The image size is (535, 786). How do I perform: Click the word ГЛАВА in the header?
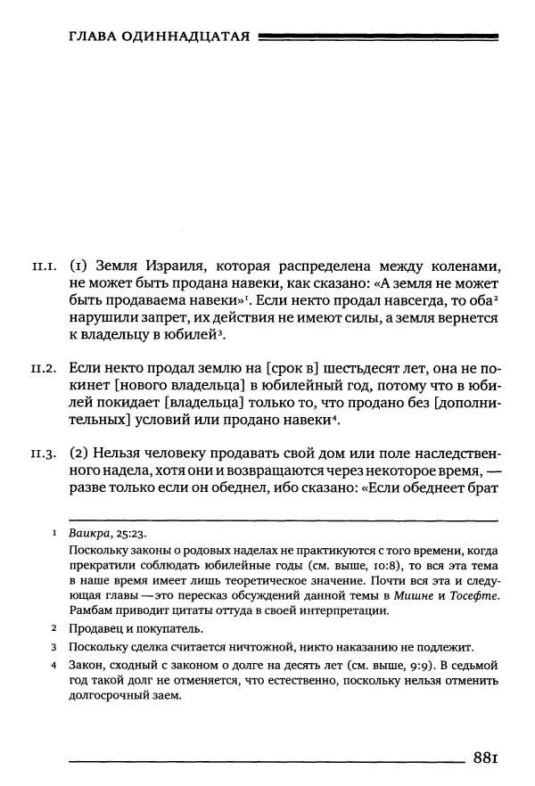93,37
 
